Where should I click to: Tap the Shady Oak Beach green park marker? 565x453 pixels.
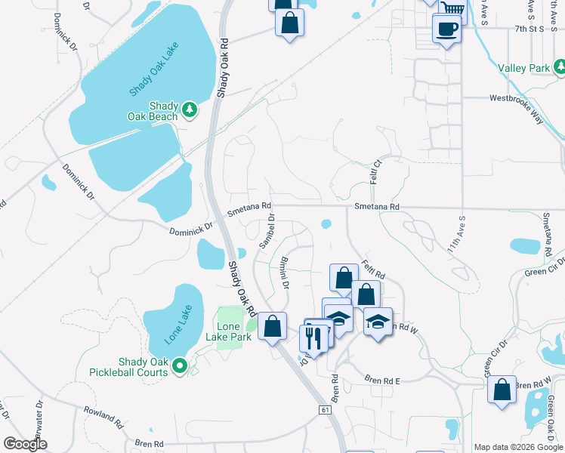click(191, 111)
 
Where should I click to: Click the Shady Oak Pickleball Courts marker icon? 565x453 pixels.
click(180, 367)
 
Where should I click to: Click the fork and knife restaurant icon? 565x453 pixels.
click(315, 337)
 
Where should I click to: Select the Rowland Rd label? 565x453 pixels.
click(103, 416)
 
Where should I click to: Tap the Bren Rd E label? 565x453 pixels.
click(381, 381)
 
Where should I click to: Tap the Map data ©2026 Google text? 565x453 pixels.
click(518, 447)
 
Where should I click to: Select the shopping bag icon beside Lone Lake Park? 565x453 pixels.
click(273, 326)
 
